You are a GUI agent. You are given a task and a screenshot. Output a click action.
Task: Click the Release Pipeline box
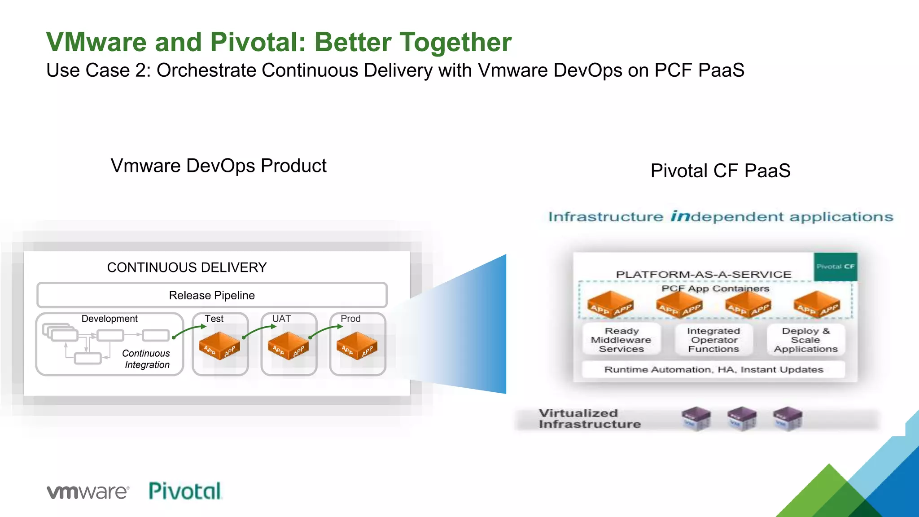pyautogui.click(x=212, y=295)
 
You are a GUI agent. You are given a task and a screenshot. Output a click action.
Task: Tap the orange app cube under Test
pyautogui.click(x=219, y=346)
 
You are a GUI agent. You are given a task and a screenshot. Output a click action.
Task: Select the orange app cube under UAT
pyautogui.click(x=288, y=346)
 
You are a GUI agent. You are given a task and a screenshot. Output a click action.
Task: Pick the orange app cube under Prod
pyautogui.click(x=357, y=346)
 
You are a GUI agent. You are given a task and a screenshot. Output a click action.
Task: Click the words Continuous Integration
pyautogui.click(x=146, y=359)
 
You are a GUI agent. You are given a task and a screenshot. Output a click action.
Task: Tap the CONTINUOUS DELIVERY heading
pyautogui.click(x=187, y=267)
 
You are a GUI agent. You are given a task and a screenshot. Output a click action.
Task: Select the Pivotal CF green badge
pyautogui.click(x=835, y=267)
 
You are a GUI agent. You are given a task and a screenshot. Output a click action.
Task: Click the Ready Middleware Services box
pyautogui.click(x=621, y=340)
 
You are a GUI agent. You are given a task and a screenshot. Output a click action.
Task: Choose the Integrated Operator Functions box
pyautogui.click(x=713, y=340)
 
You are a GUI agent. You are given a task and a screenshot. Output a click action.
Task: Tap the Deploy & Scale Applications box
pyautogui.click(x=805, y=340)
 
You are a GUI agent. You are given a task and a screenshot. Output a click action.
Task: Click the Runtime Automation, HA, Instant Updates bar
pyautogui.click(x=713, y=369)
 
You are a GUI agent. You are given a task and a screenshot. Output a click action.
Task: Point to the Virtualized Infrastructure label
pyautogui.click(x=589, y=419)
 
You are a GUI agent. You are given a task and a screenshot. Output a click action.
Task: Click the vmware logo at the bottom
pyautogui.click(x=88, y=491)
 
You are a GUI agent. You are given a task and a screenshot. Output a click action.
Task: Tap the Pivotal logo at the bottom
pyautogui.click(x=185, y=491)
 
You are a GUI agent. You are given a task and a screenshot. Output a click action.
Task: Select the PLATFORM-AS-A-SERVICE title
pyautogui.click(x=703, y=274)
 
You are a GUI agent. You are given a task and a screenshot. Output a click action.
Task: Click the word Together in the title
pyautogui.click(x=455, y=42)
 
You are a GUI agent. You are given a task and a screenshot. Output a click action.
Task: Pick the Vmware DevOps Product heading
pyautogui.click(x=219, y=166)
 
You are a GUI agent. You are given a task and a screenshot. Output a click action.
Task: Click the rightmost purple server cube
pyautogui.click(x=788, y=419)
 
